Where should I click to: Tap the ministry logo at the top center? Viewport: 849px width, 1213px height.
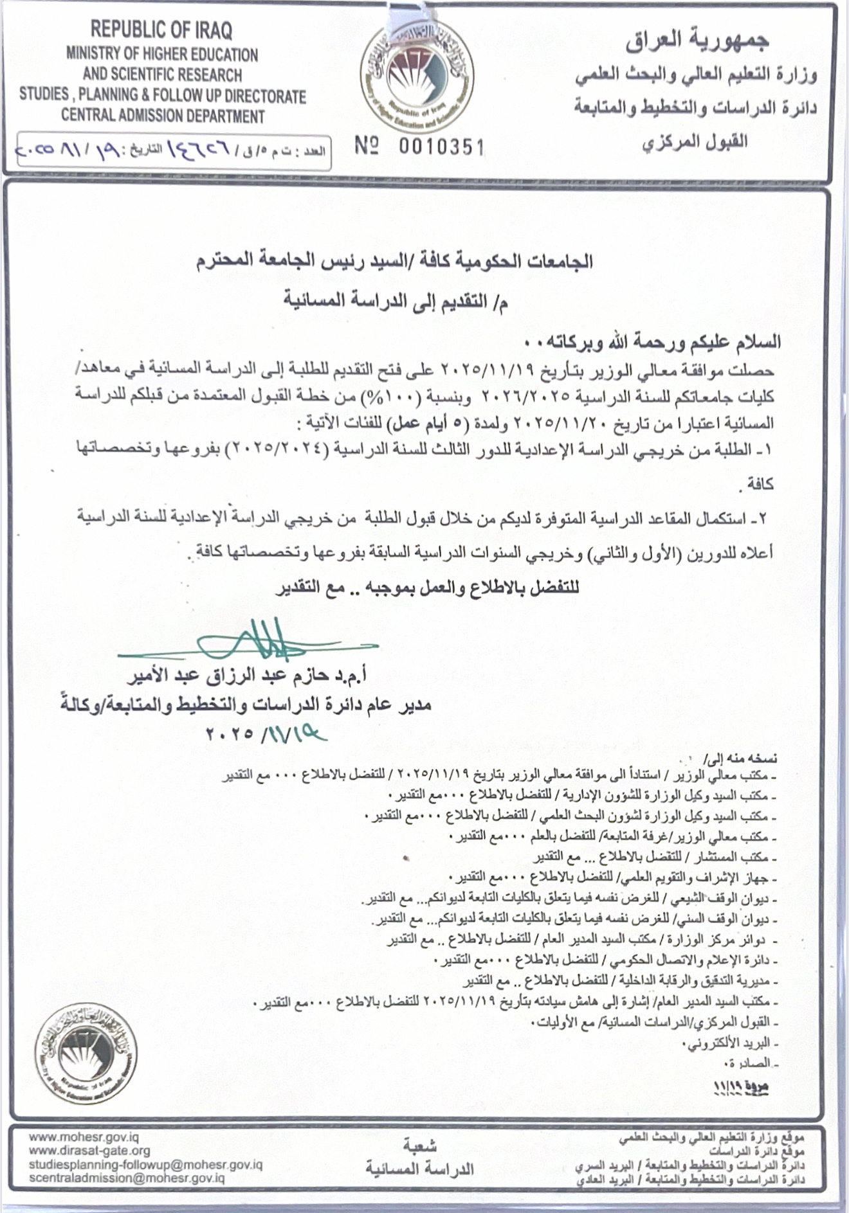pyautogui.click(x=417, y=73)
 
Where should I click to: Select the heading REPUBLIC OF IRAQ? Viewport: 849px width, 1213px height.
pyautogui.click(x=161, y=30)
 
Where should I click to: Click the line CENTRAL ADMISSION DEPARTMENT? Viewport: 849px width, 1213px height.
pyautogui.click(x=163, y=116)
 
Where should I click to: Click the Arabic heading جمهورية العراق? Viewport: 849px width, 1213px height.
pyautogui.click(x=697, y=42)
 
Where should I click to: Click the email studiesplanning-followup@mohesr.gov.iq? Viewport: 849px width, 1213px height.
pyautogui.click(x=145, y=1164)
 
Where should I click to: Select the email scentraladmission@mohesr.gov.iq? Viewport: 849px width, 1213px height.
pyautogui.click(x=127, y=1178)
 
